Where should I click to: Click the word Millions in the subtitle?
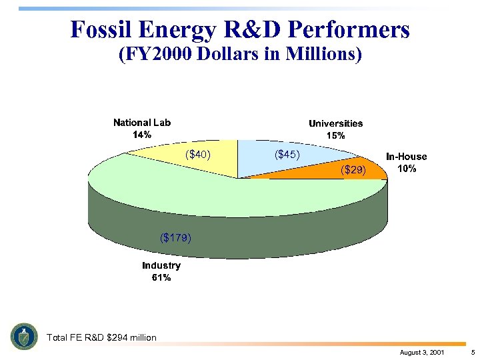[x=323, y=55]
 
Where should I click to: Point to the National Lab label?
[x=142, y=123]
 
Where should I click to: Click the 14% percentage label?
[x=142, y=135]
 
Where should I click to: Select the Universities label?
[x=335, y=123]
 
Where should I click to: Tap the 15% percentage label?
[x=335, y=135]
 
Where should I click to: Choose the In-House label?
[x=407, y=157]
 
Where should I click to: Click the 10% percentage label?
[x=407, y=169]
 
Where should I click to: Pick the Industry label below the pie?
[x=161, y=265]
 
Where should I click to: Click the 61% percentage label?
[x=161, y=277]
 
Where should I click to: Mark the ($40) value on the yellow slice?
[x=198, y=155]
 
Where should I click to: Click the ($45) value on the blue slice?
[x=287, y=155]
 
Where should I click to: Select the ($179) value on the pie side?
[x=176, y=237]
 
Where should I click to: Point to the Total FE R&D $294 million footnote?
[x=101, y=337]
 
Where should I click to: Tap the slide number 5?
[x=472, y=351]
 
